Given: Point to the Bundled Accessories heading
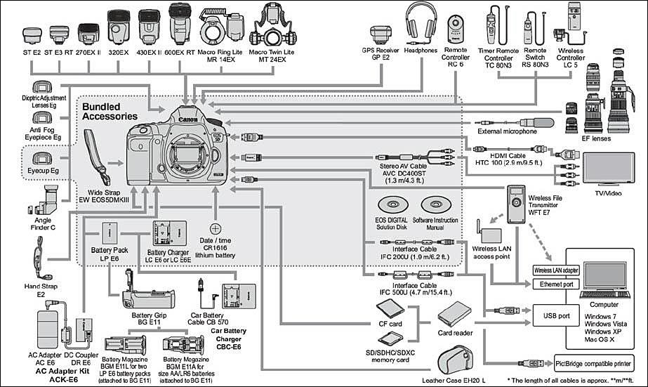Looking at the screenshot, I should [110, 111].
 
